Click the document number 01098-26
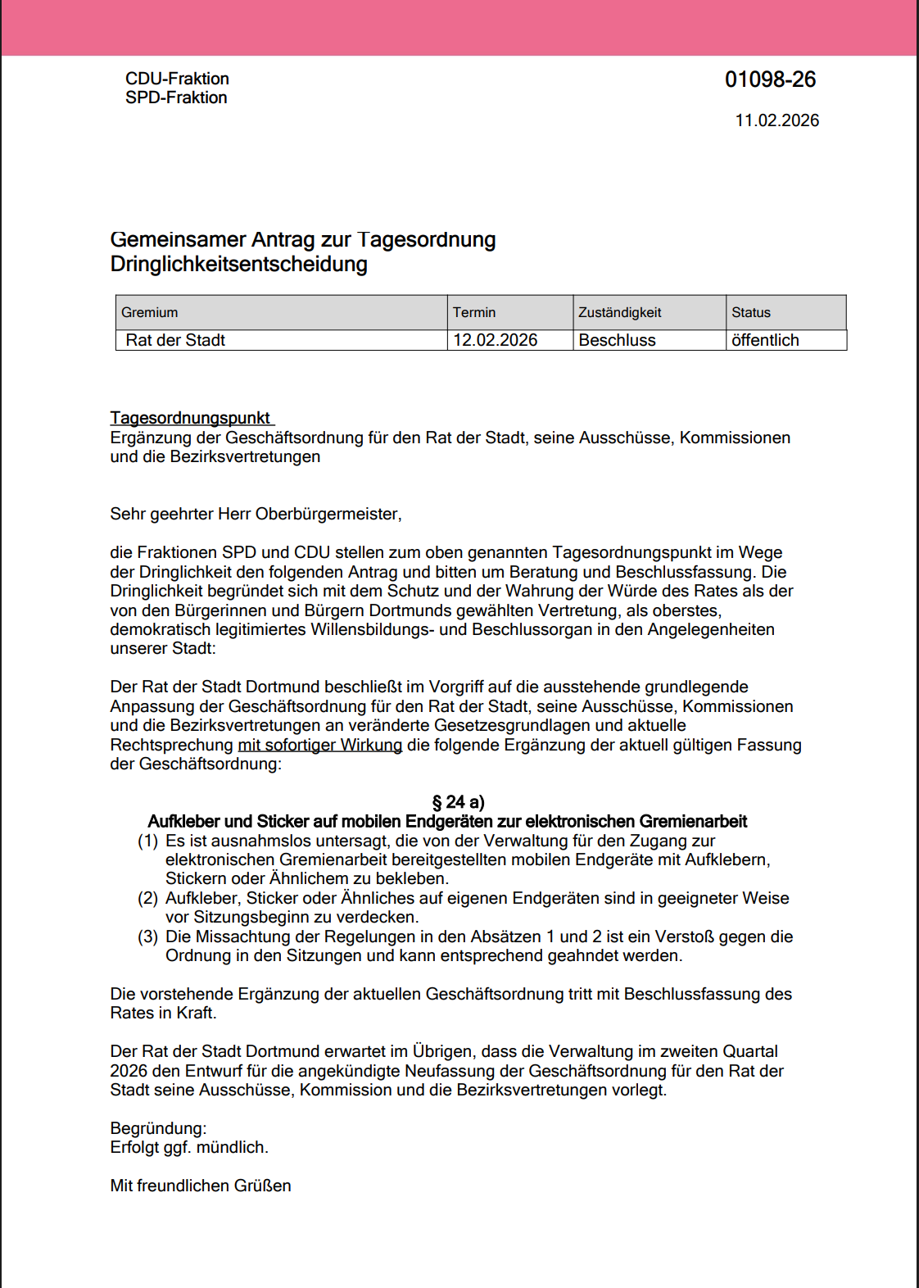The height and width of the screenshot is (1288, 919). (x=770, y=79)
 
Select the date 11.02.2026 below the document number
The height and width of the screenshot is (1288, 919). (x=776, y=120)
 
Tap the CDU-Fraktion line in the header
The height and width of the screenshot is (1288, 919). (x=177, y=79)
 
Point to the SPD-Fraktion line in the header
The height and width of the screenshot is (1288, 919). (x=176, y=98)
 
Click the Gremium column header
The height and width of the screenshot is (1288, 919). (x=150, y=312)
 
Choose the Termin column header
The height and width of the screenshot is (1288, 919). (x=474, y=312)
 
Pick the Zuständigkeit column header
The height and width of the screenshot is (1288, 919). (x=619, y=312)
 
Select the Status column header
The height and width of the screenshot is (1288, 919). (x=751, y=312)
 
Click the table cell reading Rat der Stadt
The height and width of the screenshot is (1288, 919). (x=175, y=340)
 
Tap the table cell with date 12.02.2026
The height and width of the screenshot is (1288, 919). (x=496, y=340)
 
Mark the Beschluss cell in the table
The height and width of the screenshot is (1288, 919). (x=617, y=340)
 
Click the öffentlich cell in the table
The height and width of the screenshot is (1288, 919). (x=765, y=340)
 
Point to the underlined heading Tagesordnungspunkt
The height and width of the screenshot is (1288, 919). (x=190, y=418)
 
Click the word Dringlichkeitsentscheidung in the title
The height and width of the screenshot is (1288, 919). (x=238, y=265)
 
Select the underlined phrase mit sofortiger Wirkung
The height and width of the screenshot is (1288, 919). (x=319, y=745)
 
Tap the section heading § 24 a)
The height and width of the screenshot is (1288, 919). (x=459, y=802)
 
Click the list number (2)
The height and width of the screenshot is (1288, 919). (x=147, y=898)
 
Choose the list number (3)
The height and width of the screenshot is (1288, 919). (x=147, y=937)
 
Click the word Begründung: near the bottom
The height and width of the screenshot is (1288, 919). (x=158, y=1128)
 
